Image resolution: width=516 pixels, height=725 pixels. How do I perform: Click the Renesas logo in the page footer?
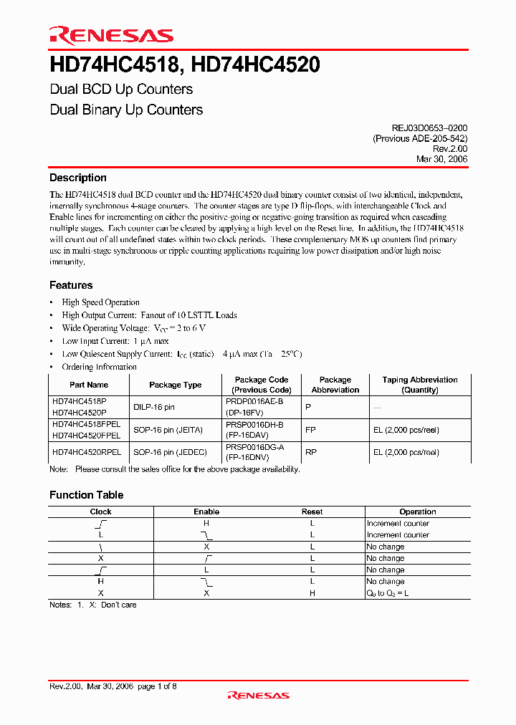[x=258, y=695]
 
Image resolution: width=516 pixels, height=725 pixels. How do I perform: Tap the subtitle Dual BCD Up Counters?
[x=121, y=90]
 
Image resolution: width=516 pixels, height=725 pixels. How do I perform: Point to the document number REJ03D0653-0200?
[x=424, y=128]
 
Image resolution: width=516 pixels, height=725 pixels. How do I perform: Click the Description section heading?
[x=78, y=178]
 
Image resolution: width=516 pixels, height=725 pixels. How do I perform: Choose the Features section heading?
[x=71, y=285]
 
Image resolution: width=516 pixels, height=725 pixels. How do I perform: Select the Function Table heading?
[x=86, y=495]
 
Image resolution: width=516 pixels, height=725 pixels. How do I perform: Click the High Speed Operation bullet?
[x=100, y=302]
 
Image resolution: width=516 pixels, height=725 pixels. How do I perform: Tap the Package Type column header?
[x=176, y=385]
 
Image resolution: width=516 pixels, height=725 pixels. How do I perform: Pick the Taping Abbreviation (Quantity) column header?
[x=420, y=385]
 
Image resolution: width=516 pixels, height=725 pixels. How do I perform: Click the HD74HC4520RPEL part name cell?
[x=86, y=452]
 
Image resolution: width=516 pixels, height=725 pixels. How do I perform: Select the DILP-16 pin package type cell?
[x=154, y=407]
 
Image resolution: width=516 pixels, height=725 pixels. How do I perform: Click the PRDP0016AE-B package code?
[x=254, y=403]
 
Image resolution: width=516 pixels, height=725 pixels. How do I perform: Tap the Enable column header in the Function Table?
[x=206, y=512]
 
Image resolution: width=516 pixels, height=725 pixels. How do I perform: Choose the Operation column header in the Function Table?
[x=418, y=512]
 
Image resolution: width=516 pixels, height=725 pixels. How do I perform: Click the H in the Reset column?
[x=312, y=593]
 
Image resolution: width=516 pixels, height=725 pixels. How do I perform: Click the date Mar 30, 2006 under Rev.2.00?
[x=441, y=159]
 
